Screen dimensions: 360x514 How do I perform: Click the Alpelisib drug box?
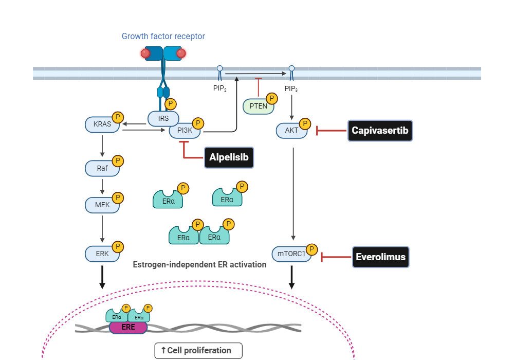click(x=229, y=157)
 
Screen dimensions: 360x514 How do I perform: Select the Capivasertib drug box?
click(x=380, y=131)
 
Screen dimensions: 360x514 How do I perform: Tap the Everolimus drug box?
click(x=380, y=257)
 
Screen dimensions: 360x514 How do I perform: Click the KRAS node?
click(x=102, y=124)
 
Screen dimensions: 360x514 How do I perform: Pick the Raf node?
click(x=102, y=168)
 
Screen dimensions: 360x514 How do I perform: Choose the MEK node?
click(x=102, y=205)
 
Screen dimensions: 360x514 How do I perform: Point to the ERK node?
click(x=102, y=254)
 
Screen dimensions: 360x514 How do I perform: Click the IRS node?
click(x=163, y=119)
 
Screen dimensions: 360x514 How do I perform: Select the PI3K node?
click(x=185, y=131)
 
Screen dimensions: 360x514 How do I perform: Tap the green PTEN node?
click(x=257, y=106)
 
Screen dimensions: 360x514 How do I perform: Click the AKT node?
click(x=291, y=131)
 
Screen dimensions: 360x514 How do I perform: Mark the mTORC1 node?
click(x=291, y=254)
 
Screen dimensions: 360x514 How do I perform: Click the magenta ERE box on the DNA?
click(x=128, y=327)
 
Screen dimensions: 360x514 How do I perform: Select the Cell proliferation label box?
click(x=198, y=351)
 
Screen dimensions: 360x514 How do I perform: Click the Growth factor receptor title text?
click(x=163, y=37)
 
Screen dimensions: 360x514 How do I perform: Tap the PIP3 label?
click(x=291, y=88)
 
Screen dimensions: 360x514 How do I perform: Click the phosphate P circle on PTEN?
click(x=272, y=98)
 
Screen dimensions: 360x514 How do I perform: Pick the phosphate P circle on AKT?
click(x=305, y=124)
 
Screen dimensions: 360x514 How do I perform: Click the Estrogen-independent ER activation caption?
click(x=199, y=265)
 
